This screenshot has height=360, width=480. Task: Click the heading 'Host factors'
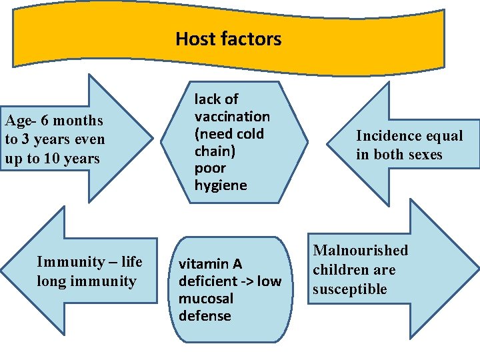pyautogui.click(x=228, y=39)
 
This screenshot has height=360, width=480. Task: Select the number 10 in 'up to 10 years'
pyautogui.click(x=55, y=159)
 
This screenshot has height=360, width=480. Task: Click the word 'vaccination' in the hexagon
pyautogui.click(x=232, y=116)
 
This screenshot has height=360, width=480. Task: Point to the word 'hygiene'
pyautogui.click(x=221, y=185)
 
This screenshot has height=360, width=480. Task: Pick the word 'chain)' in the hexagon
pyautogui.click(x=214, y=151)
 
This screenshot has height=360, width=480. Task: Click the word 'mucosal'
pyautogui.click(x=206, y=299)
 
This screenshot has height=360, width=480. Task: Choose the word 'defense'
pyautogui.click(x=205, y=316)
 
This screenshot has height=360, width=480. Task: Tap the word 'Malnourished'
pyautogui.click(x=360, y=251)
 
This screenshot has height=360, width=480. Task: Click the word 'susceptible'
pyautogui.click(x=350, y=289)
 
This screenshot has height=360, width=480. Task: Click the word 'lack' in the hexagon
pyautogui.click(x=207, y=99)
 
